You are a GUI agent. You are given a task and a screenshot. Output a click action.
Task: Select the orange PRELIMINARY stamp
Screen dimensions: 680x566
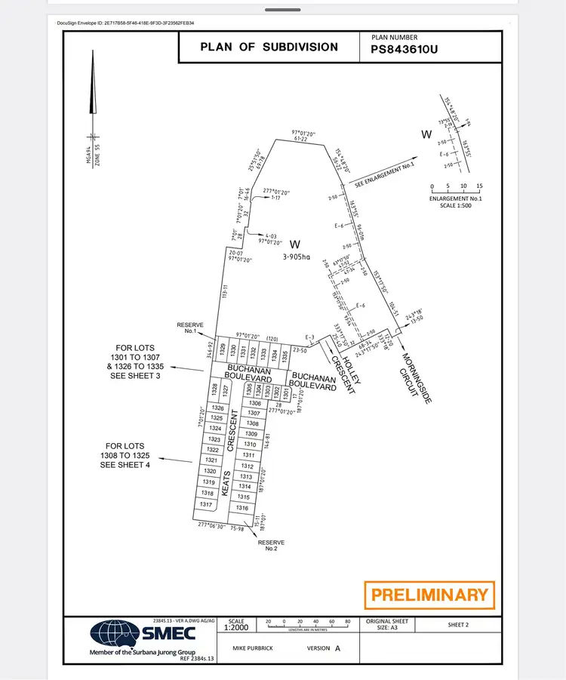tap(429, 595)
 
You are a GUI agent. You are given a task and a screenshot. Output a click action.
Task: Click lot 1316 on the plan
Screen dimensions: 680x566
tap(242, 508)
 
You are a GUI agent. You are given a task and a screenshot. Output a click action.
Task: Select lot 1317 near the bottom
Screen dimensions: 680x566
tap(205, 504)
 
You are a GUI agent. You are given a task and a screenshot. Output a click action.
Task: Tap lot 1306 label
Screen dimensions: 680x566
tap(254, 403)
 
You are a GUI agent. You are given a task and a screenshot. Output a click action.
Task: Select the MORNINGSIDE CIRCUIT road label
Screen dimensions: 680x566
tap(415, 377)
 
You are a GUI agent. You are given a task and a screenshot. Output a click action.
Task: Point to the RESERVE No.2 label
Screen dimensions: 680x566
tap(271, 545)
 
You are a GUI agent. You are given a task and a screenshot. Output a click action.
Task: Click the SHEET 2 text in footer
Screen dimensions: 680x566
tap(458, 625)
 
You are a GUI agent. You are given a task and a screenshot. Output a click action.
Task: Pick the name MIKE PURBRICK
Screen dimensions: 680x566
tap(254, 648)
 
